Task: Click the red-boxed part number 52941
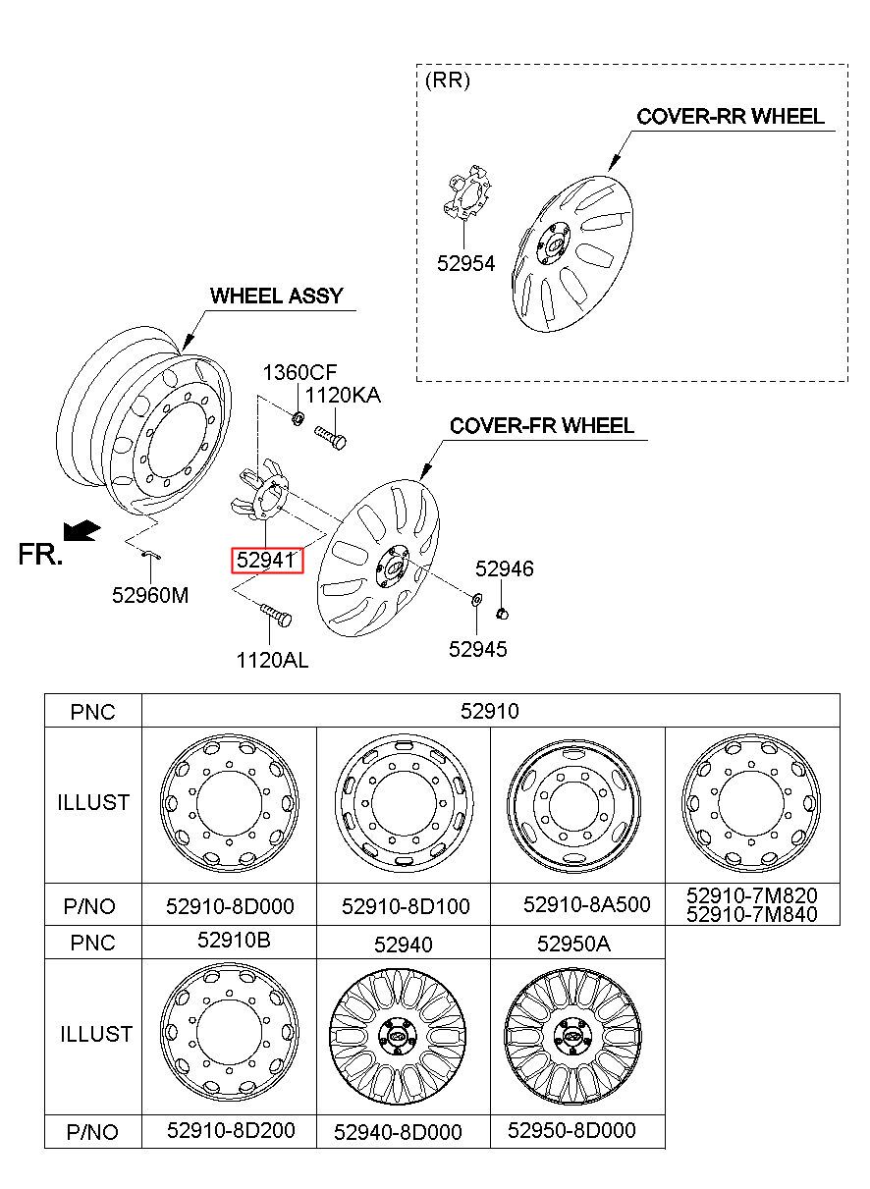pos(266,560)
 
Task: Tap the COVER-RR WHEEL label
pos(731,116)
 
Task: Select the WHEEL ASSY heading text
pos(277,296)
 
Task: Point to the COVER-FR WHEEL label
pos(541,426)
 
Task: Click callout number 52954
pos(465,263)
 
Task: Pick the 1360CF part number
pos(299,372)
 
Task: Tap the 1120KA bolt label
pos(343,395)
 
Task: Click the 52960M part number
pos(150,595)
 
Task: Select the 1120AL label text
pos(272,661)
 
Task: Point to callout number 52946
pos(504,568)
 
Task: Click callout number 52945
pos(478,649)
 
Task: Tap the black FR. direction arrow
pos(82,531)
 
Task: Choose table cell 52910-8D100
pos(406,906)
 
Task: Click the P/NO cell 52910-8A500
pos(586,904)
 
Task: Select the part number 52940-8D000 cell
pos(398,1132)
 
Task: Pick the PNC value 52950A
pos(573,944)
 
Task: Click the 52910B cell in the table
pos(234,940)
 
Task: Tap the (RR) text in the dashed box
pos(448,81)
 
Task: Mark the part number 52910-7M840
pos(751,914)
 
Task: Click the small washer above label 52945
pos(476,599)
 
